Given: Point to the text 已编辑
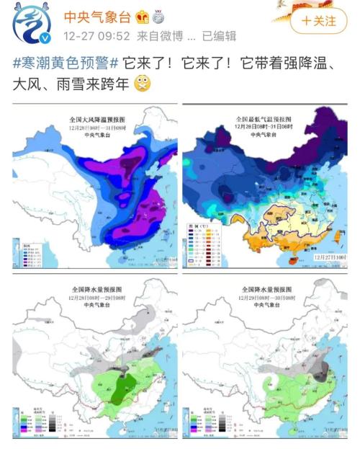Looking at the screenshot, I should (219, 36).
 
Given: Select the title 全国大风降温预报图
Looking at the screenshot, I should (96, 117).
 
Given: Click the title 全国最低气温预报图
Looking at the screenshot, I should (264, 117).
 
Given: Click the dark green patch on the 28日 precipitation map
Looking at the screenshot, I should (115, 389).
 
